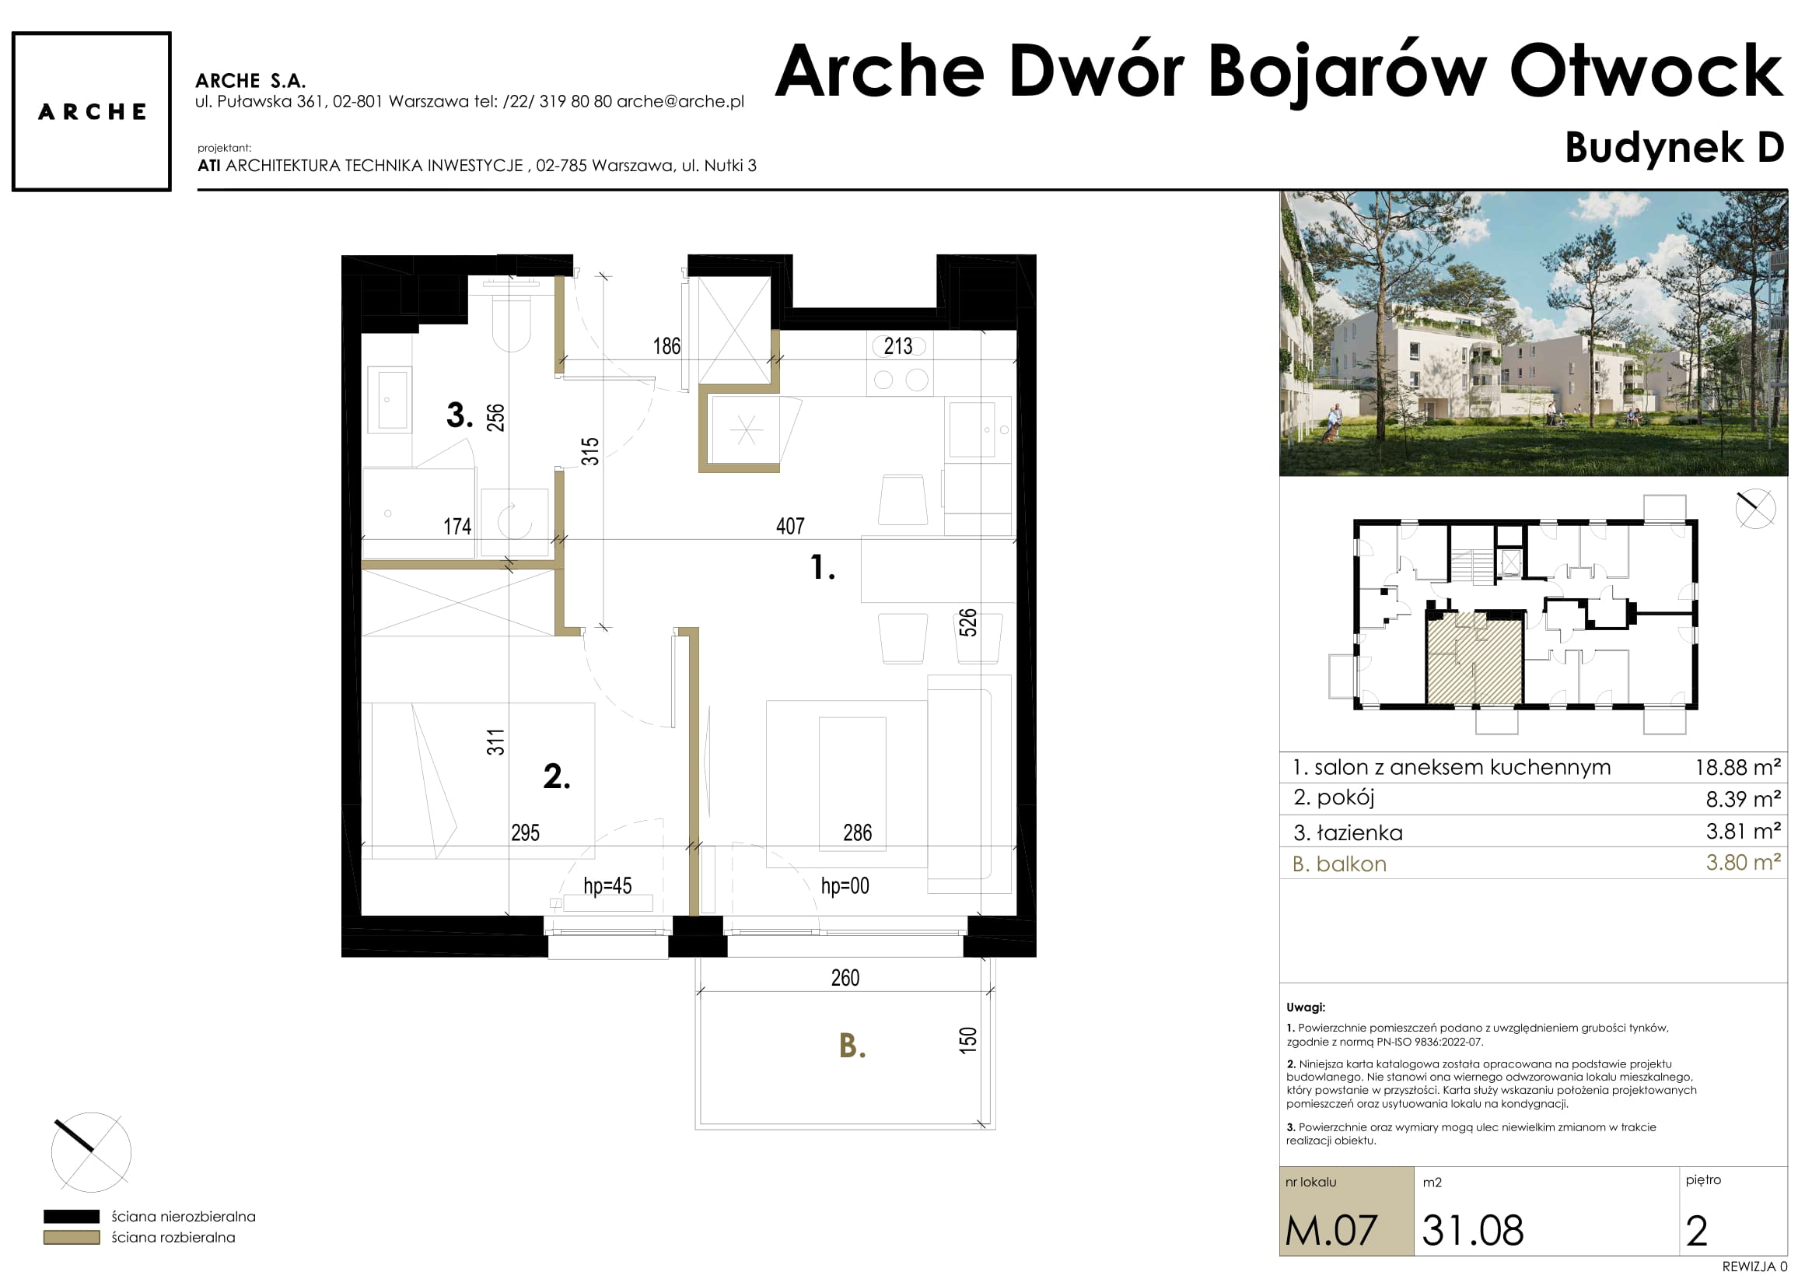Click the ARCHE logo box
(91, 111)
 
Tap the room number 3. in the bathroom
(460, 415)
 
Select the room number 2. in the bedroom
(556, 776)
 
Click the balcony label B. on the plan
(852, 1045)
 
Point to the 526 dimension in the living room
(967, 622)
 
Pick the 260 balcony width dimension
(845, 977)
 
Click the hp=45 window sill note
(607, 885)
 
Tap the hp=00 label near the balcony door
(845, 885)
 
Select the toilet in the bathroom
(512, 317)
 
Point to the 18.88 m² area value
(1737, 767)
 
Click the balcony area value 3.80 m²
(1743, 862)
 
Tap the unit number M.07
(1331, 1231)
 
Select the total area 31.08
(1473, 1231)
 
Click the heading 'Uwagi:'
(1306, 1007)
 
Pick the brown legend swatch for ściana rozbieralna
(72, 1237)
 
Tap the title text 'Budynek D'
(1674, 148)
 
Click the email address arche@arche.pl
(680, 101)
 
